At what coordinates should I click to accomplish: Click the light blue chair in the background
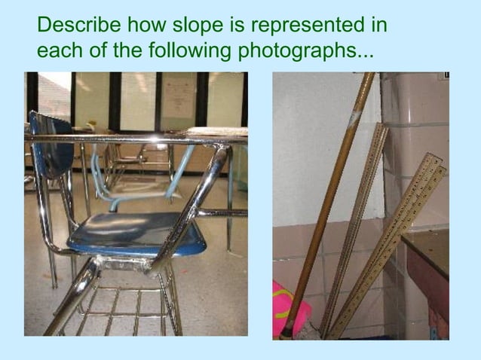click(113, 185)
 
